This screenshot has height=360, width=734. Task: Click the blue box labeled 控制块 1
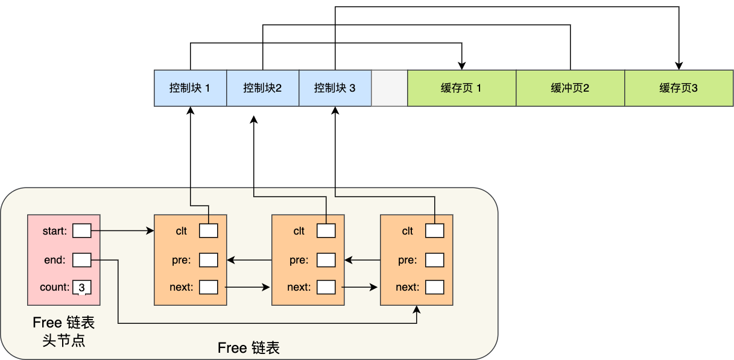point(190,88)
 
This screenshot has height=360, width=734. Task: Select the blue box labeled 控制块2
point(262,88)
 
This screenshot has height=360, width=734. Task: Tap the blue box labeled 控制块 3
point(335,88)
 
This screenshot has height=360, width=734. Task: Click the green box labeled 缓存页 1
point(461,88)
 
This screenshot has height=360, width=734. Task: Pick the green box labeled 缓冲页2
point(570,88)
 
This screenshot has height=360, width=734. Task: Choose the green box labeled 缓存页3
point(679,88)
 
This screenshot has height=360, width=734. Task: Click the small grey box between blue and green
point(389,88)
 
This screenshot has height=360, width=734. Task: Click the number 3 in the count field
point(81,288)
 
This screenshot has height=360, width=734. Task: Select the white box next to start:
point(81,230)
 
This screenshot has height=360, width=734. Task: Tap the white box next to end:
point(81,260)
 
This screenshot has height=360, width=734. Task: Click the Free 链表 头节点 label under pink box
point(63,331)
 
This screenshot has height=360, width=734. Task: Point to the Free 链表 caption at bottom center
point(248,348)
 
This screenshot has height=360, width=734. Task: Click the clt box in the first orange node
point(208,230)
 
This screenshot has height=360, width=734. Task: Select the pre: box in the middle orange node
point(326,260)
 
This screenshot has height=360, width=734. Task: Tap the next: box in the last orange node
point(434,286)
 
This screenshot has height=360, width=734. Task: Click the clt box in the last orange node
point(434,230)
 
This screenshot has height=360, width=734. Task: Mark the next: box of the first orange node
point(208,286)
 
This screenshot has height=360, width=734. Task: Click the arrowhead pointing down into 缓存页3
point(679,66)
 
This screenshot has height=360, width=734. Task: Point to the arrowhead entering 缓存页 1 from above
point(461,66)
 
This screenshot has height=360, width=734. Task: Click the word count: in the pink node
point(54,287)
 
